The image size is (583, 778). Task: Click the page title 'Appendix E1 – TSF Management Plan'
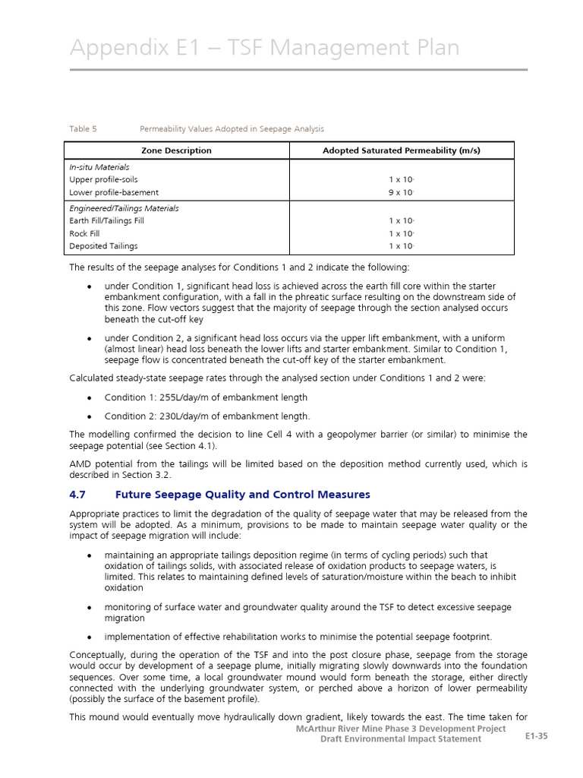point(264,48)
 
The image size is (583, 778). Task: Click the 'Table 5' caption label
point(84,129)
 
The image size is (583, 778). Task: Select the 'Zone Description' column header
point(177,150)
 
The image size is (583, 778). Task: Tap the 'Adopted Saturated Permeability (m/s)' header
point(402,150)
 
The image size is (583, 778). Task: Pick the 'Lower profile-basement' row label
point(114,193)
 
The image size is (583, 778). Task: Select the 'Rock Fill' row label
point(84,234)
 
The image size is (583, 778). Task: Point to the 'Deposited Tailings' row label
point(104,247)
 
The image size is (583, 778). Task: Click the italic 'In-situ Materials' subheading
point(99,167)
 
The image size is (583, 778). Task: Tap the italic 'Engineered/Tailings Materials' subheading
point(124,208)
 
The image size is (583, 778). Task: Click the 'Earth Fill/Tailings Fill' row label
point(106,221)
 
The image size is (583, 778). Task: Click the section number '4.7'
point(79,495)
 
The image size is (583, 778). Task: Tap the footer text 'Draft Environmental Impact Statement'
point(400,739)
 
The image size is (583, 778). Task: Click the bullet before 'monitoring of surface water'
point(90,608)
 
